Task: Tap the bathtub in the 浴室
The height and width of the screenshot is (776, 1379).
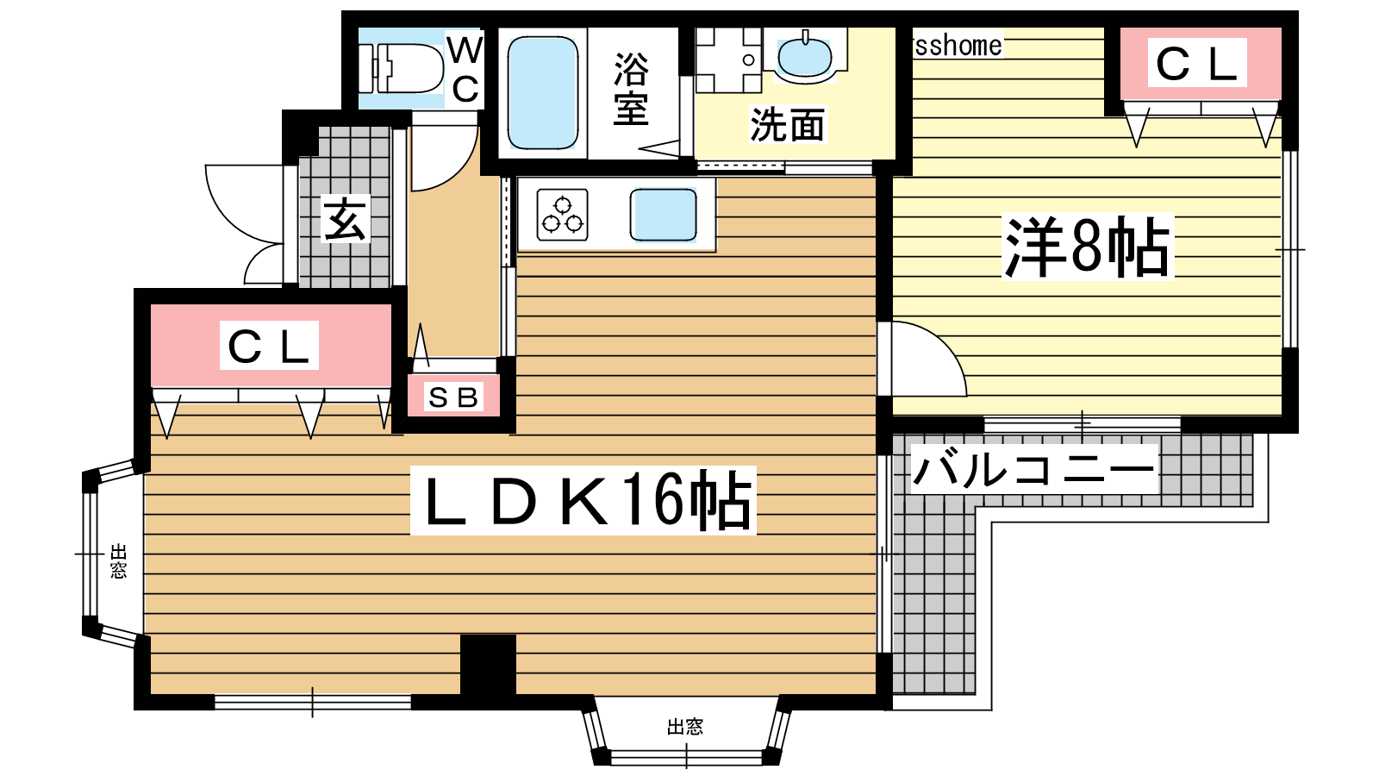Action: click(x=542, y=93)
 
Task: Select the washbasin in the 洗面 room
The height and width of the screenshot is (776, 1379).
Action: click(x=805, y=57)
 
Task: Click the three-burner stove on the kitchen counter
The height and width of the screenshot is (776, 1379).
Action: click(x=562, y=215)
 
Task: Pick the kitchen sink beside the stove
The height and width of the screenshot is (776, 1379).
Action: click(x=663, y=215)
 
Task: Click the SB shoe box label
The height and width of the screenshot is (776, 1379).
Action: click(x=453, y=397)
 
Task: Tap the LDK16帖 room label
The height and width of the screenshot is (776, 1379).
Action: click(x=583, y=500)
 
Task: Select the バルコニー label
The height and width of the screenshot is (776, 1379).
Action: click(x=1033, y=469)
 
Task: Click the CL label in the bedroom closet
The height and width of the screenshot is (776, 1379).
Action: click(x=1197, y=63)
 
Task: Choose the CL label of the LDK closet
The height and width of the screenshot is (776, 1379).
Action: click(x=269, y=346)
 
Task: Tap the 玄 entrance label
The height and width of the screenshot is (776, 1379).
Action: click(x=346, y=219)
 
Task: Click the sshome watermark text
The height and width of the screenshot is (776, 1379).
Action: click(x=958, y=46)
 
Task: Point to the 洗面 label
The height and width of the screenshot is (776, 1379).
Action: click(x=788, y=124)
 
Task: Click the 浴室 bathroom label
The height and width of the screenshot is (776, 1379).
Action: click(x=631, y=90)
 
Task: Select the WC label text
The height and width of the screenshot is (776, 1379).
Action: click(x=465, y=70)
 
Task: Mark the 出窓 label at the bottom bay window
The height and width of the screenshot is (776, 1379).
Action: click(x=685, y=728)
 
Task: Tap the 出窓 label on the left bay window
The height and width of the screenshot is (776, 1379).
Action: click(x=119, y=561)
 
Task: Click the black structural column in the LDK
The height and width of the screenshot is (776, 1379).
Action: click(x=488, y=665)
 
